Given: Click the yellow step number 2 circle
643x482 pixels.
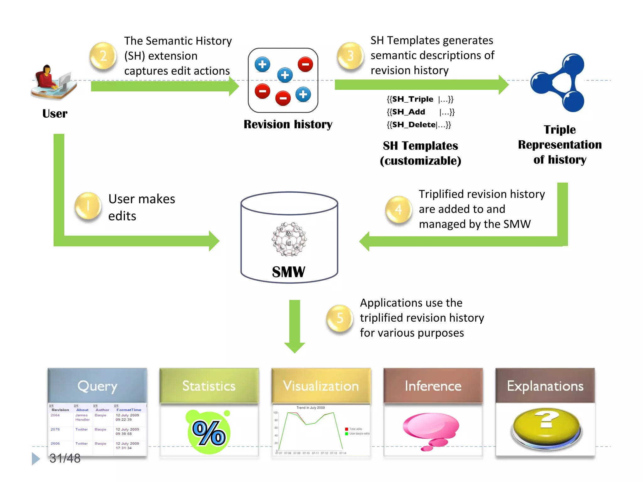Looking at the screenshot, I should pyautogui.click(x=103, y=56).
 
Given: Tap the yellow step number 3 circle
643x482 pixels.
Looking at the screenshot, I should pyautogui.click(x=350, y=56).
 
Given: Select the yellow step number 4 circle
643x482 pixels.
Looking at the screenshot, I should pyautogui.click(x=398, y=209).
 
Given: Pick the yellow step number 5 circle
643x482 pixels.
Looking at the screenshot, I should pyautogui.click(x=340, y=318).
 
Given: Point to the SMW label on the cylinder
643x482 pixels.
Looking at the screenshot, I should pyautogui.click(x=289, y=272).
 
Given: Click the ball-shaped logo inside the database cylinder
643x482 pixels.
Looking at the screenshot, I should pyautogui.click(x=289, y=239).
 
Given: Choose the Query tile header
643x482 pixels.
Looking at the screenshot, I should pyautogui.click(x=97, y=386).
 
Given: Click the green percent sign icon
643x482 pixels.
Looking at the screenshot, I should pyautogui.click(x=209, y=433).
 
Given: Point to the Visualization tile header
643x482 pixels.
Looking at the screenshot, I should pyautogui.click(x=321, y=386).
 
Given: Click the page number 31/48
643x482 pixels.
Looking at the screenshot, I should pyautogui.click(x=65, y=458).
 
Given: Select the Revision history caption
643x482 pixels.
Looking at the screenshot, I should pyautogui.click(x=288, y=124).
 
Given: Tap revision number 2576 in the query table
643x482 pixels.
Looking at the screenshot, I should pyautogui.click(x=55, y=429).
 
